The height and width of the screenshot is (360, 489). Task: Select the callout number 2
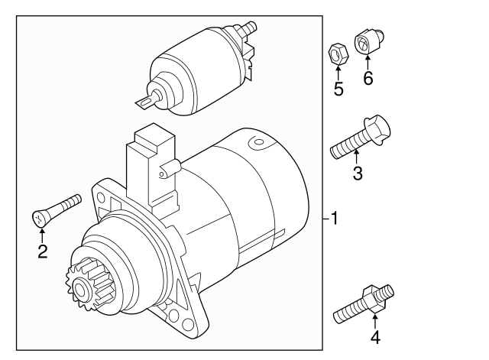pyautogui.click(x=43, y=251)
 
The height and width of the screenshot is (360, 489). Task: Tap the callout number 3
pyautogui.click(x=357, y=174)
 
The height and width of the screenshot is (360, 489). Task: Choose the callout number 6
pyautogui.click(x=368, y=79)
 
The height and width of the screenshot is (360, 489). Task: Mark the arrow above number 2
pyautogui.click(x=42, y=232)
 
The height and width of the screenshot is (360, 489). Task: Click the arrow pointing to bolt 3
pyautogui.click(x=356, y=156)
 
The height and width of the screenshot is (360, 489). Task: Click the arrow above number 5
pyautogui.click(x=337, y=72)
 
